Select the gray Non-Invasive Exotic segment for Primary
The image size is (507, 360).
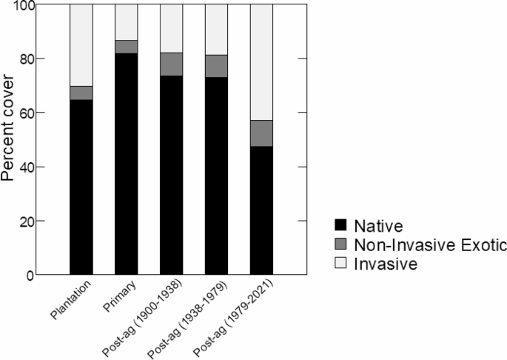[x=127, y=47]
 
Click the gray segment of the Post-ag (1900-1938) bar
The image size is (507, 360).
[x=172, y=64]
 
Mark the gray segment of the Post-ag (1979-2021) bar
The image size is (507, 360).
[x=261, y=133]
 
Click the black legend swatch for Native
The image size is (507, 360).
[x=341, y=224]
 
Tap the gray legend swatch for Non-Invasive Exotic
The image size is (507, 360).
[x=341, y=242]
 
